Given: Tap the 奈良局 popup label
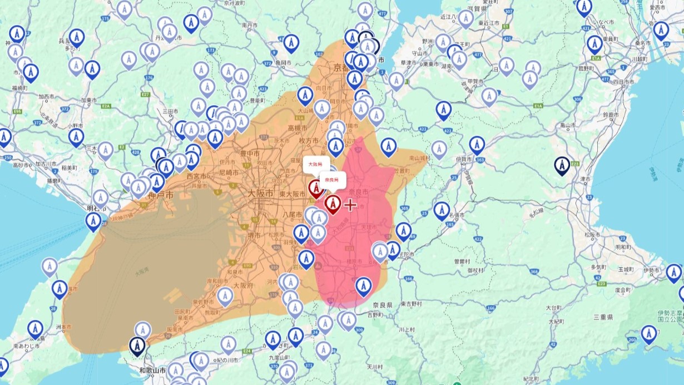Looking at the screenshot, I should [x=332, y=180].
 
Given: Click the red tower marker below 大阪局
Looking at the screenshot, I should [x=316, y=189].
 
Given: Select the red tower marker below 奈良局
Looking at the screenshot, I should [x=333, y=204].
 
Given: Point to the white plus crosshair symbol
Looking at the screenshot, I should [x=350, y=205].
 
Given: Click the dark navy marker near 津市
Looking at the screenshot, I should [x=562, y=165].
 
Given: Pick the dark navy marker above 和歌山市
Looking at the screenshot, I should [x=137, y=345].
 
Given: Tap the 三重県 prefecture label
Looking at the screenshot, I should [x=603, y=317].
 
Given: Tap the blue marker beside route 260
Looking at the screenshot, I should [x=648, y=334].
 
